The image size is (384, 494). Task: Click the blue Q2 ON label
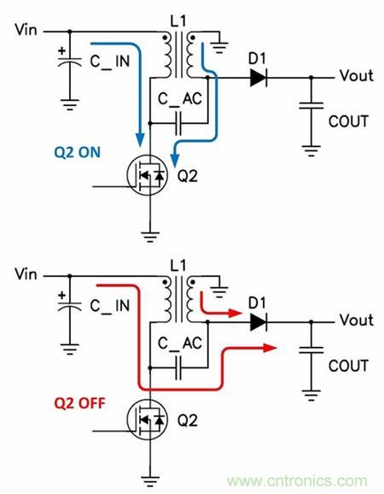78,152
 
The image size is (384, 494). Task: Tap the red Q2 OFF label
80,403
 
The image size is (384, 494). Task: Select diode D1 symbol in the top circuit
259,78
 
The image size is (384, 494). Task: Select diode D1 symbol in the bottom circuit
259,322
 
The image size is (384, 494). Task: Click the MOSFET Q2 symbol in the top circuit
147,175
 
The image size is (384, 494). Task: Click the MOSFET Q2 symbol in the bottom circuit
147,420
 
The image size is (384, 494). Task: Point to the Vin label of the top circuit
26,30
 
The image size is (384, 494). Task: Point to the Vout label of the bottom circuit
357,320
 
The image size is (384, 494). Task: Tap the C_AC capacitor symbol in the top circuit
178,123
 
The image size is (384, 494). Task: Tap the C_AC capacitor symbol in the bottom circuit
178,368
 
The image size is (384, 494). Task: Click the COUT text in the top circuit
348,121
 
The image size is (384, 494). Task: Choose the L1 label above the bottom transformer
178,265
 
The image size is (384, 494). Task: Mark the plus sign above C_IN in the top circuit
62,50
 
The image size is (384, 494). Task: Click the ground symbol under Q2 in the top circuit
150,237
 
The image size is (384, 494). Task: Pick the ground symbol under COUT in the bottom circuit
311,396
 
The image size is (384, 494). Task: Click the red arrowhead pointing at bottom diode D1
236,313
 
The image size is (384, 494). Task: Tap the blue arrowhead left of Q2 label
175,160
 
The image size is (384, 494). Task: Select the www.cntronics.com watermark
297,481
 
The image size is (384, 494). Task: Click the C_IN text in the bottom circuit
110,306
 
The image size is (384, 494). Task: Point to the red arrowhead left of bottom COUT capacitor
270,348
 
